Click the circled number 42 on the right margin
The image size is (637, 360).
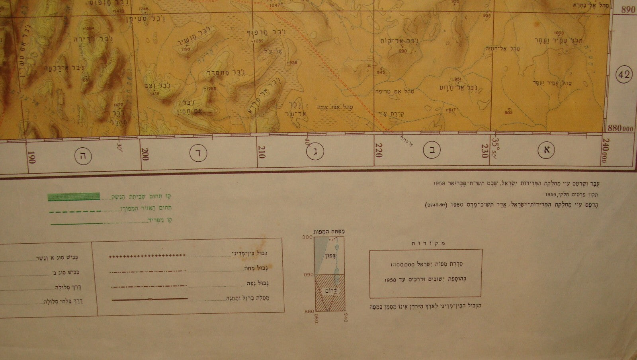tap(625, 74)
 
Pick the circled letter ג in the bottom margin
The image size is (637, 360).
tap(316, 151)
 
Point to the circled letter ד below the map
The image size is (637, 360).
tap(198, 154)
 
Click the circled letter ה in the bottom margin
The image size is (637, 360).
tap(84, 155)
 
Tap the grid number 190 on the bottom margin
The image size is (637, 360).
tap(32, 158)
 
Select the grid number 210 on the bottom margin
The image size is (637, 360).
tap(261, 152)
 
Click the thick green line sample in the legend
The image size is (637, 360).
tap(74, 196)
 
